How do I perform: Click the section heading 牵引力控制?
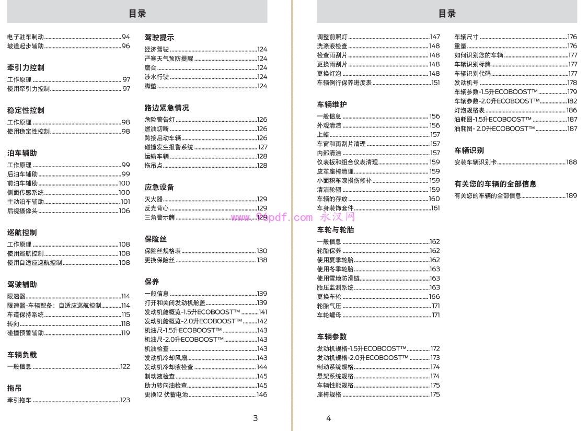tap(26, 68)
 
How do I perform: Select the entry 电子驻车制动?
tap(25, 37)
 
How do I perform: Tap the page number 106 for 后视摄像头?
tap(124, 211)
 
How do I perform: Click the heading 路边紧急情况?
tap(167, 108)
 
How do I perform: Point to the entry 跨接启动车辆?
tap(163, 138)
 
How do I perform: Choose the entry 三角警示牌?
tap(159, 217)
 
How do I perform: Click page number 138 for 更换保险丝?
tap(262, 260)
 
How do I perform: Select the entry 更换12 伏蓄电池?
tap(166, 395)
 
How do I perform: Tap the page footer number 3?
tap(255, 418)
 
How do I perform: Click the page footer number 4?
tap(328, 418)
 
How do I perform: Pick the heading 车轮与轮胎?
tap(335, 230)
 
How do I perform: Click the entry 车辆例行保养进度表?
tap(344, 83)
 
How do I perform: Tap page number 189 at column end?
tap(571, 196)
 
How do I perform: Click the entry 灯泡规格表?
tap(469, 110)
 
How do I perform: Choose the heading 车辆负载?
tap(22, 355)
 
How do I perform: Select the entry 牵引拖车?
tap(19, 400)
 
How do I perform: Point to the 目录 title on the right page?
tap(447, 14)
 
